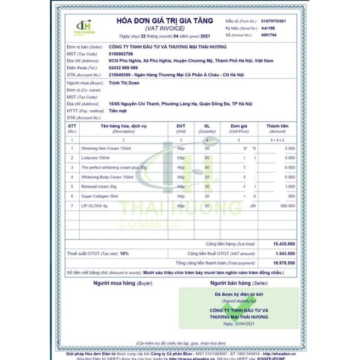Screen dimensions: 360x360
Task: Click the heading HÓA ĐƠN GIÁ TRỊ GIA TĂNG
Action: pyautogui.click(x=163, y=21)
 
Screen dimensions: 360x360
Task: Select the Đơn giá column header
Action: pyautogui.click(x=240, y=125)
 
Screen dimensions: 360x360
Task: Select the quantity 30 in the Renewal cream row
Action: pyautogui.click(x=207, y=186)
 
